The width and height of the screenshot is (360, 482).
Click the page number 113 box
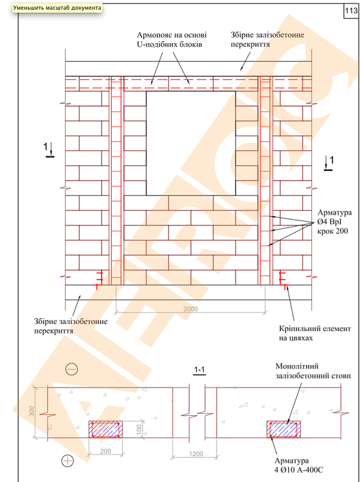(x=351, y=10)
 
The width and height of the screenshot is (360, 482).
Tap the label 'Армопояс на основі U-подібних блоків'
(x=170, y=40)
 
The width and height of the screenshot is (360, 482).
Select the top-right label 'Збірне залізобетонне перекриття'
(x=267, y=40)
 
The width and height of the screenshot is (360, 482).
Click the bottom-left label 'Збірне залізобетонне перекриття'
(x=71, y=326)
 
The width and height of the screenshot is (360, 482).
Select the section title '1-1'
(x=199, y=370)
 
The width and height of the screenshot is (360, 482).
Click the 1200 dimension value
(x=196, y=454)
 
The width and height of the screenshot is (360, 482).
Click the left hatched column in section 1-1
(x=105, y=429)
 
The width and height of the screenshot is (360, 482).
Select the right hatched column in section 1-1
(x=283, y=429)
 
